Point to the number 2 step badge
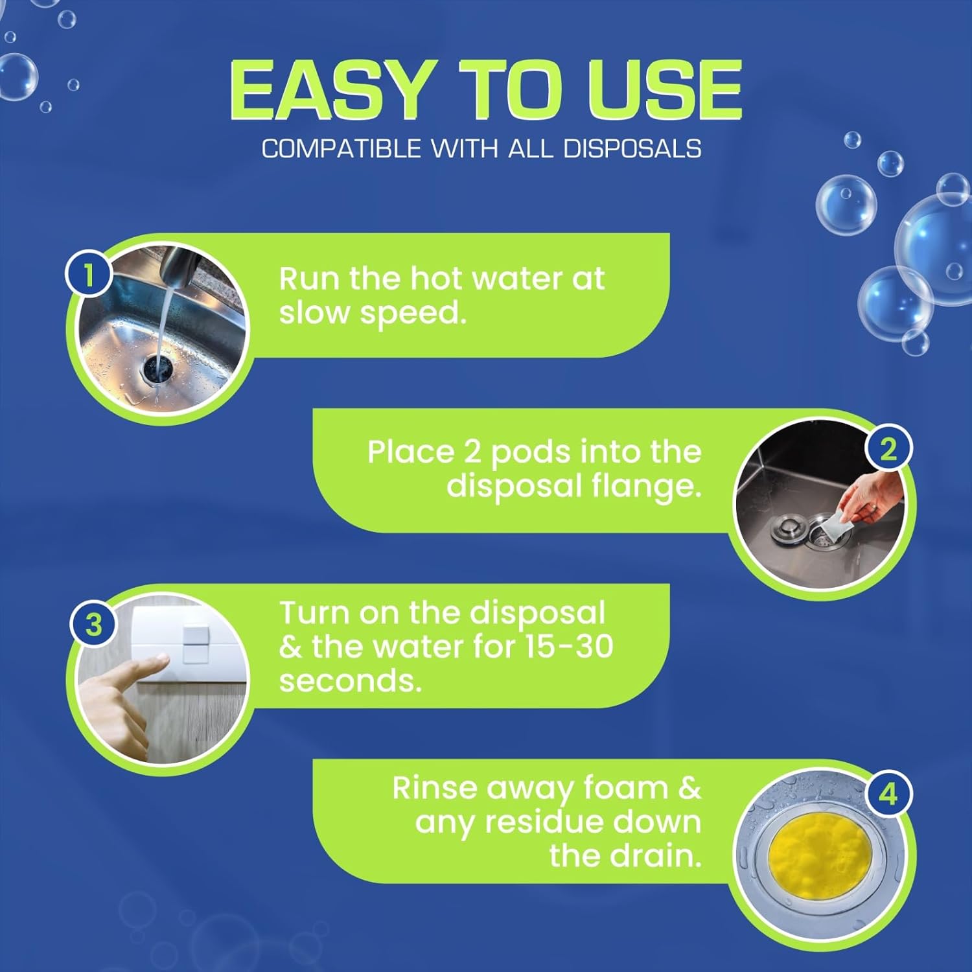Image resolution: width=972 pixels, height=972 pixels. [888, 448]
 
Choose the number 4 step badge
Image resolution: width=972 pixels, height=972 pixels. [888, 793]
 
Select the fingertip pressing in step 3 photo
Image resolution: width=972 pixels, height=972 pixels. [161, 661]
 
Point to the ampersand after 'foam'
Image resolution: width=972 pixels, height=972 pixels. [689, 789]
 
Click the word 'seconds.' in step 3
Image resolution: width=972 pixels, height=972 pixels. [350, 681]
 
